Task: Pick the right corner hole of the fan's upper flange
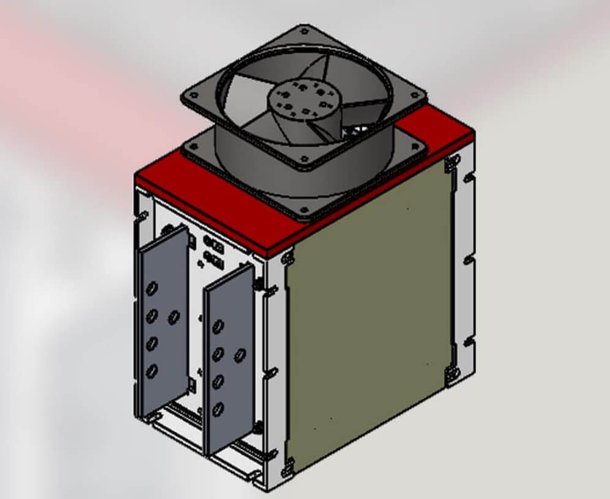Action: click(418, 95)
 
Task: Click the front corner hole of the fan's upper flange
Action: click(304, 160)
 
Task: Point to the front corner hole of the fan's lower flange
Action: click(304, 210)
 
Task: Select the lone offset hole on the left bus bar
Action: click(174, 316)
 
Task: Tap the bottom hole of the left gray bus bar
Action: click(151, 370)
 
